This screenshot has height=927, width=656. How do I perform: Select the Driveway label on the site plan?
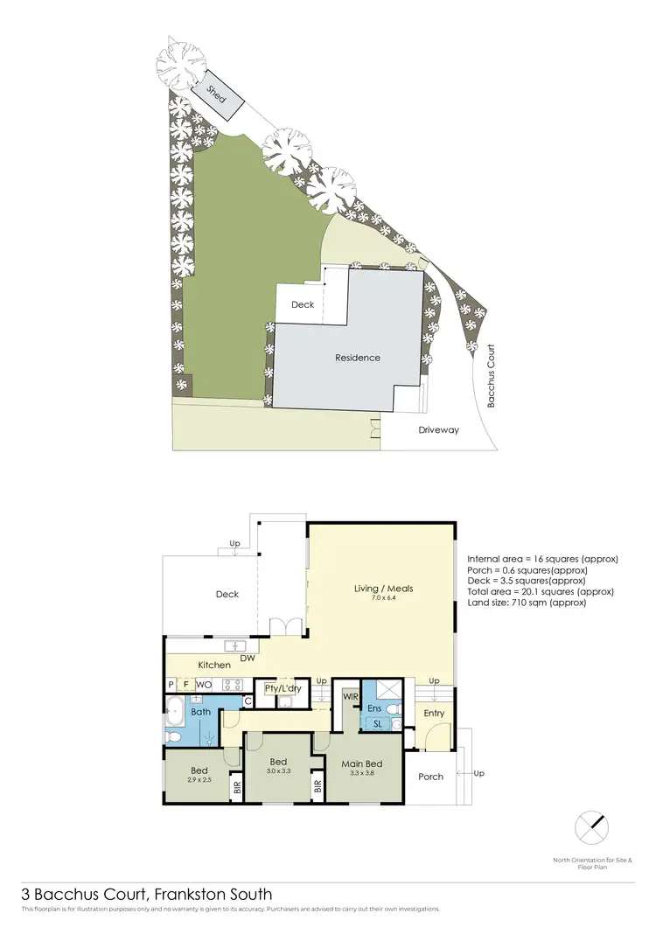438,430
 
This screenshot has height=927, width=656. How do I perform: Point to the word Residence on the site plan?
358,358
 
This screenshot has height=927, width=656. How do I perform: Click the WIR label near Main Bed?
351,697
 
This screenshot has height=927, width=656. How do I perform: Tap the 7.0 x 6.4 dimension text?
384,599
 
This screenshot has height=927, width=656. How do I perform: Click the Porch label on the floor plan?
430,777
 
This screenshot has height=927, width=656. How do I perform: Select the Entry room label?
434,713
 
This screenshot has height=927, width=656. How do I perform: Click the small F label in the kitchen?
185,684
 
